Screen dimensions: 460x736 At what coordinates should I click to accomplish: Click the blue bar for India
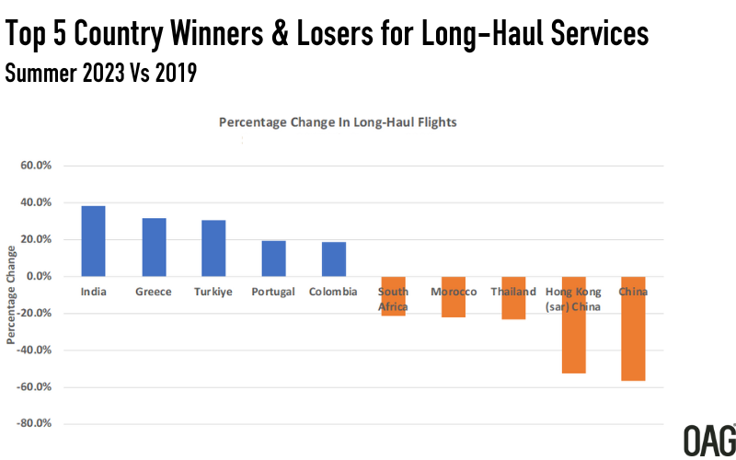pyautogui.click(x=93, y=241)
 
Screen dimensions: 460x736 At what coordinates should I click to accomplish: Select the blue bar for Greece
pyautogui.click(x=154, y=247)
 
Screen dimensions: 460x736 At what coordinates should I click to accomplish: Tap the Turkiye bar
pyautogui.click(x=213, y=248)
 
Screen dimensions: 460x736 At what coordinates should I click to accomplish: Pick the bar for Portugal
pyautogui.click(x=273, y=259)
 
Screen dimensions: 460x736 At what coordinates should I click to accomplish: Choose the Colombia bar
pyautogui.click(x=334, y=259)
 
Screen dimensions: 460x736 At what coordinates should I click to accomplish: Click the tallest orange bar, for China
pyautogui.click(x=633, y=328)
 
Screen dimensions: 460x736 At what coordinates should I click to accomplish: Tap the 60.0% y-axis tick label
pyautogui.click(x=38, y=167)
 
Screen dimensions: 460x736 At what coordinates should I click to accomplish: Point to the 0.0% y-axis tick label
pyautogui.click(x=40, y=277)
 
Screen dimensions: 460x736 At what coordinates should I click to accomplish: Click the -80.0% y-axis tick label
pyautogui.click(x=36, y=424)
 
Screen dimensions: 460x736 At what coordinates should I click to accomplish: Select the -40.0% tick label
pyautogui.click(x=36, y=351)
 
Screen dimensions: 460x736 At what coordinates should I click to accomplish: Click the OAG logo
pyautogui.click(x=708, y=439)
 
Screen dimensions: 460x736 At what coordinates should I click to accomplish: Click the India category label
pyautogui.click(x=93, y=292)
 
